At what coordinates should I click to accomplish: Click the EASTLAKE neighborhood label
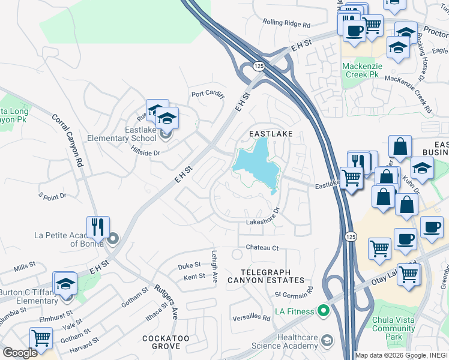pyautogui.click(x=271, y=134)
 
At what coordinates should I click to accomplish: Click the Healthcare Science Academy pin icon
pyautogui.click(x=327, y=341)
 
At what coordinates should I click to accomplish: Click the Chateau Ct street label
pyautogui.click(x=262, y=248)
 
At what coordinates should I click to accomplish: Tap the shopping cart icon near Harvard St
pyautogui.click(x=41, y=338)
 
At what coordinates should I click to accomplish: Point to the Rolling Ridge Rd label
pyautogui.click(x=286, y=25)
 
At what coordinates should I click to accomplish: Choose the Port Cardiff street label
pyautogui.click(x=208, y=94)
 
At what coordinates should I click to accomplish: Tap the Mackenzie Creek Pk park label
pyautogui.click(x=361, y=71)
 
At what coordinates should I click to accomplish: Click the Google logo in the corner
pyautogui.click(x=20, y=353)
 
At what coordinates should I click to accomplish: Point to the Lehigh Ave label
pyautogui.click(x=214, y=266)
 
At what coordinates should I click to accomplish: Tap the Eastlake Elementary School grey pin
pyautogui.click(x=166, y=133)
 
